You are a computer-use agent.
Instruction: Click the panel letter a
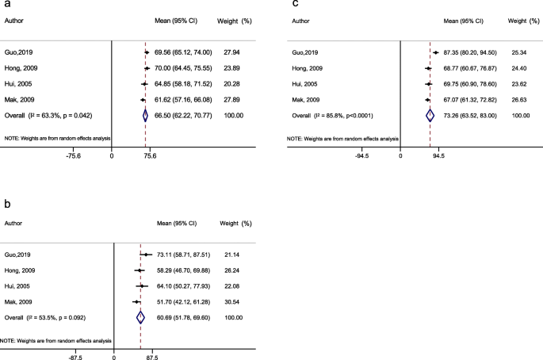click(6, 6)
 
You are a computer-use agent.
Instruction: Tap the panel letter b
click(6, 205)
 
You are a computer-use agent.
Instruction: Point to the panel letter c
click(296, 6)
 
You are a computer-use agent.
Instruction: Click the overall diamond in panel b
click(140, 317)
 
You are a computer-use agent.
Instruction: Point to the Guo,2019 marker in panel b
click(147, 255)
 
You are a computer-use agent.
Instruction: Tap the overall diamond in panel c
click(430, 115)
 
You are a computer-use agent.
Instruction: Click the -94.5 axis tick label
click(364, 157)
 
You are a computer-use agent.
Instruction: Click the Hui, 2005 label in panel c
click(305, 84)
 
